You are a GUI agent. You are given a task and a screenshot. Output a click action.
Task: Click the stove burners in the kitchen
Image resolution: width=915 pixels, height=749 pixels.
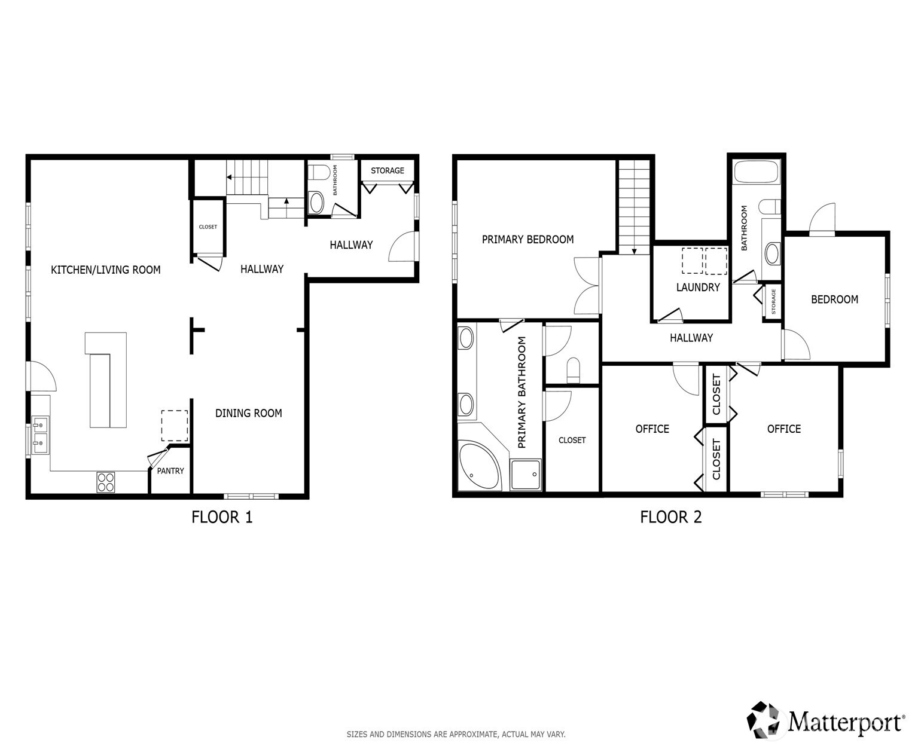pos(106,482)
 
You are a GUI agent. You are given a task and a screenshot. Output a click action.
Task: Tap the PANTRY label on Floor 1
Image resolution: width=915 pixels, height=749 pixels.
pos(170,471)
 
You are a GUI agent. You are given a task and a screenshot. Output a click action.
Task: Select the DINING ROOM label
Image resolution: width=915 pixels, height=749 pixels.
pos(248,413)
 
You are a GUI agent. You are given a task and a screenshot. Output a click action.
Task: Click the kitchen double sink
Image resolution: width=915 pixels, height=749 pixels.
pos(40,435)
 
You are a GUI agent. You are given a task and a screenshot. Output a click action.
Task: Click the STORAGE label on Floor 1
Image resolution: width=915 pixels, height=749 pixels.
pos(387,171)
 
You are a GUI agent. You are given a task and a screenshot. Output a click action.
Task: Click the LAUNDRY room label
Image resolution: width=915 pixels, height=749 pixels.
pos(697,288)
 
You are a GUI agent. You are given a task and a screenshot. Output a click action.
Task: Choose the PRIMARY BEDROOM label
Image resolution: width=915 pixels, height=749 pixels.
pos(527,240)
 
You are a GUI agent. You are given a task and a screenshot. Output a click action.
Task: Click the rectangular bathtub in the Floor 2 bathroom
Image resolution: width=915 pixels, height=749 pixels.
pos(756,172)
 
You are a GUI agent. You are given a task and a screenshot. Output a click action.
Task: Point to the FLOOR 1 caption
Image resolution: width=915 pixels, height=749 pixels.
pos(222,517)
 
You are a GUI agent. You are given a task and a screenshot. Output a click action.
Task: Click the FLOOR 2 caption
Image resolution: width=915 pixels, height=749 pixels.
pos(670,517)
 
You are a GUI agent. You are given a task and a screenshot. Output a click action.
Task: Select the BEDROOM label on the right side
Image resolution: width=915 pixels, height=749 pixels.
pos(834,299)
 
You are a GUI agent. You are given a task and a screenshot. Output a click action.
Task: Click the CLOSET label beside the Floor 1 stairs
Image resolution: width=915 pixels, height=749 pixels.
pos(208,227)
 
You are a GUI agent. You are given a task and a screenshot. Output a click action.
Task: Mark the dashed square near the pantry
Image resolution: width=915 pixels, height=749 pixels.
pos(174,426)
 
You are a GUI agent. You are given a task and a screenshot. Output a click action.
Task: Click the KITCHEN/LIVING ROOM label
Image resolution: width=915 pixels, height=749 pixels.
pos(106,270)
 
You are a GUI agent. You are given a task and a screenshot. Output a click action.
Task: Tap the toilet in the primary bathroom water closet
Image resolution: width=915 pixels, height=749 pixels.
pos(573,369)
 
